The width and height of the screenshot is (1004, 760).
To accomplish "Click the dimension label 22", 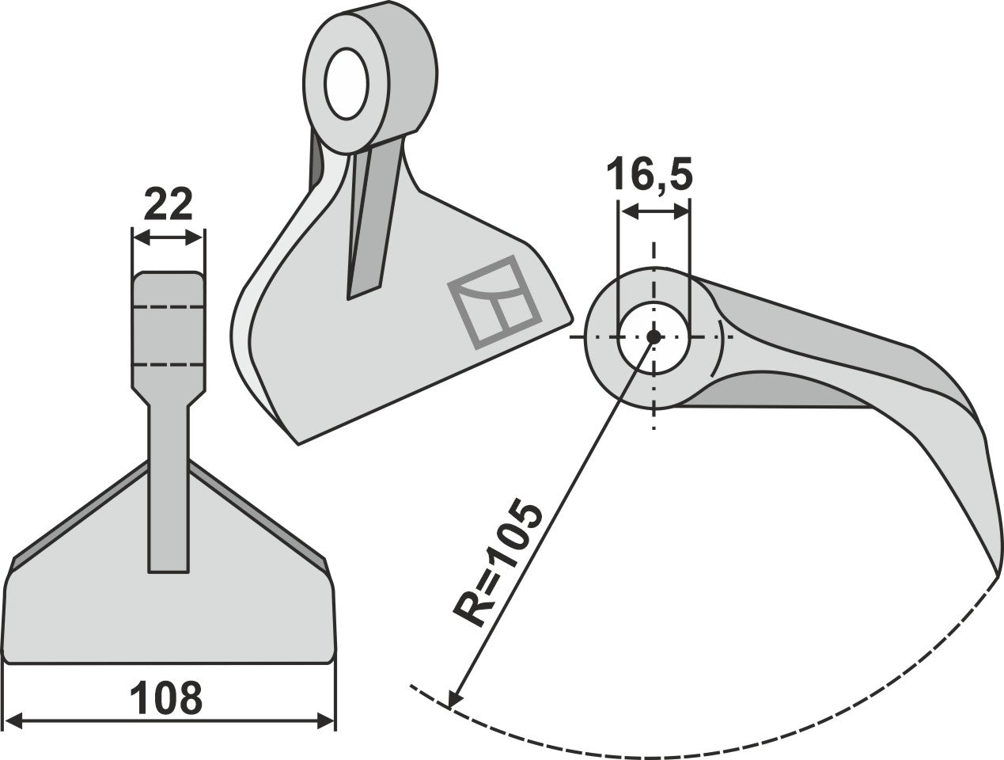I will (169, 207).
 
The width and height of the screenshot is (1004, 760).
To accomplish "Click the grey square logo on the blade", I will (495, 302).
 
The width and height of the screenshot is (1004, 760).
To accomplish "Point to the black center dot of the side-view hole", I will (654, 336).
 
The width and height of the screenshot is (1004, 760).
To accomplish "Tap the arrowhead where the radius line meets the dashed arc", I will (453, 700).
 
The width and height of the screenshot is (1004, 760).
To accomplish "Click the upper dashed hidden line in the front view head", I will (169, 306).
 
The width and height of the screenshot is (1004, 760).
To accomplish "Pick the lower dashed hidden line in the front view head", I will (169, 365).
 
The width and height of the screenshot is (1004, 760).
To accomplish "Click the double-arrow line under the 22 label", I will (169, 237).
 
